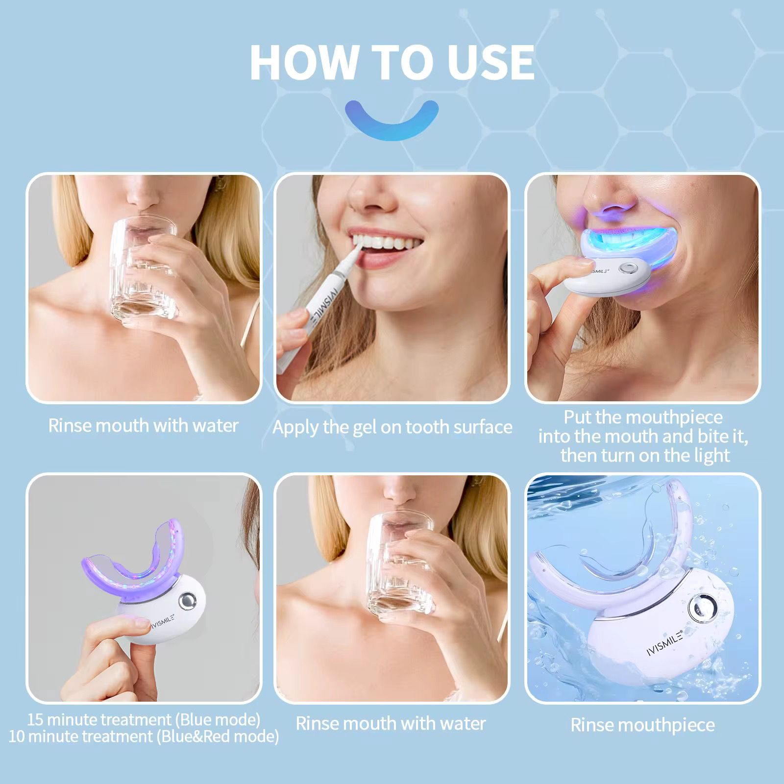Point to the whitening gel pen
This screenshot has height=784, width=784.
tap(318, 304)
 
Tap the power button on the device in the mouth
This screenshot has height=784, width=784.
tap(626, 269)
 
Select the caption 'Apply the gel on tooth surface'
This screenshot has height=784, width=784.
tap(392, 427)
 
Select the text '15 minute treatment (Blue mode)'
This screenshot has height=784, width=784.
tap(144, 719)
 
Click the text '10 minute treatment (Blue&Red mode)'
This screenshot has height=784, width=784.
tap(144, 736)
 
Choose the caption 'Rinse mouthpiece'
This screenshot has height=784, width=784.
tap(642, 725)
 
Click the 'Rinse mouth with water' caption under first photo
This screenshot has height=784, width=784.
tap(143, 425)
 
